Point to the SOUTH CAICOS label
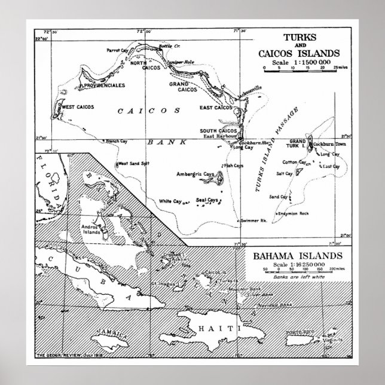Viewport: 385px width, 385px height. tap(216, 131)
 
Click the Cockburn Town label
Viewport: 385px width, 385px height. tap(328, 145)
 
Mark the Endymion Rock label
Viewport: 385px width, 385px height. tap(293, 213)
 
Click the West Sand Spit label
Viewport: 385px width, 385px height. tap(133, 163)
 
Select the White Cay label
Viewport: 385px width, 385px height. tap(170, 201)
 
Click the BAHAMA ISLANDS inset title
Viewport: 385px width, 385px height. tap(294, 256)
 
